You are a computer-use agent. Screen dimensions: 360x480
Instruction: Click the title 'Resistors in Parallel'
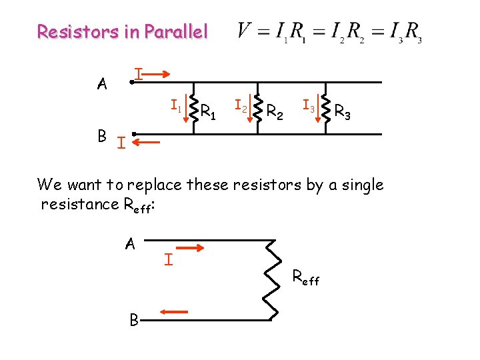pos(123,31)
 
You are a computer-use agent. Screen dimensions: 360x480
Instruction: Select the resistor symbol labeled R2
pos(256,109)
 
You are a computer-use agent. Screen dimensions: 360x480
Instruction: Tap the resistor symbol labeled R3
pos(325,109)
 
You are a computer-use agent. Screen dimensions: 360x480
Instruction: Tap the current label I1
pos(175,105)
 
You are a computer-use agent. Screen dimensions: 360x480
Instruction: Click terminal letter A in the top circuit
pos(102,84)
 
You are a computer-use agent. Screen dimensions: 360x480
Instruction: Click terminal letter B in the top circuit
pos(102,136)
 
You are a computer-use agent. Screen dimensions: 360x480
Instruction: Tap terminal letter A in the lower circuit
pos(130,244)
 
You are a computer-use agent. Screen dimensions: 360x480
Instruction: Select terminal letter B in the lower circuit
pos(134,321)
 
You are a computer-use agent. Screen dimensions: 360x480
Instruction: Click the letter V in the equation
pos(245,31)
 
